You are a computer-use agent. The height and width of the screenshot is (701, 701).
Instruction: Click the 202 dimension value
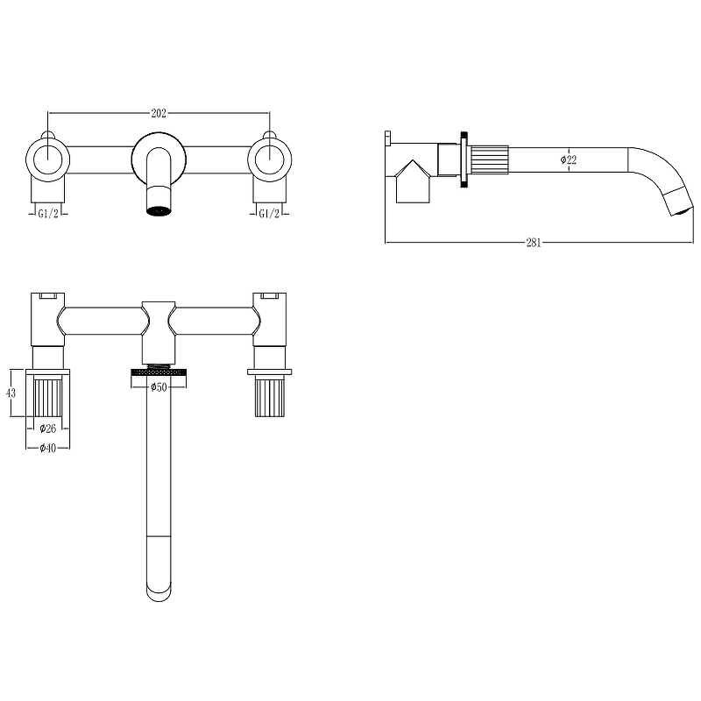coord(159,113)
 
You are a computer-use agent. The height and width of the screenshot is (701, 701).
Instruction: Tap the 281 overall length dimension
coord(534,243)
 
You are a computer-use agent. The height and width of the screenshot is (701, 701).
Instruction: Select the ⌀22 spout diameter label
coord(569,159)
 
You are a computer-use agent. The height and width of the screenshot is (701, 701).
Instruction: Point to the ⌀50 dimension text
coord(159,387)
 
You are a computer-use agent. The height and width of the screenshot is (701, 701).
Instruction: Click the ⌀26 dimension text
coord(48,428)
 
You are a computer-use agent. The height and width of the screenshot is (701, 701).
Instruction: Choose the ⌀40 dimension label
coord(48,448)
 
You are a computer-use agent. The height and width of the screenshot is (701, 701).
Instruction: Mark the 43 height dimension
coord(11,393)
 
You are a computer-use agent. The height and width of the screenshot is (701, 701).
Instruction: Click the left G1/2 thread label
coord(48,214)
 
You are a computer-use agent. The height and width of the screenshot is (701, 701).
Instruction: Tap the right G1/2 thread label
coord(269,214)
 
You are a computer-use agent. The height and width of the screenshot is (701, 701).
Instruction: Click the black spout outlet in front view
coord(159,210)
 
